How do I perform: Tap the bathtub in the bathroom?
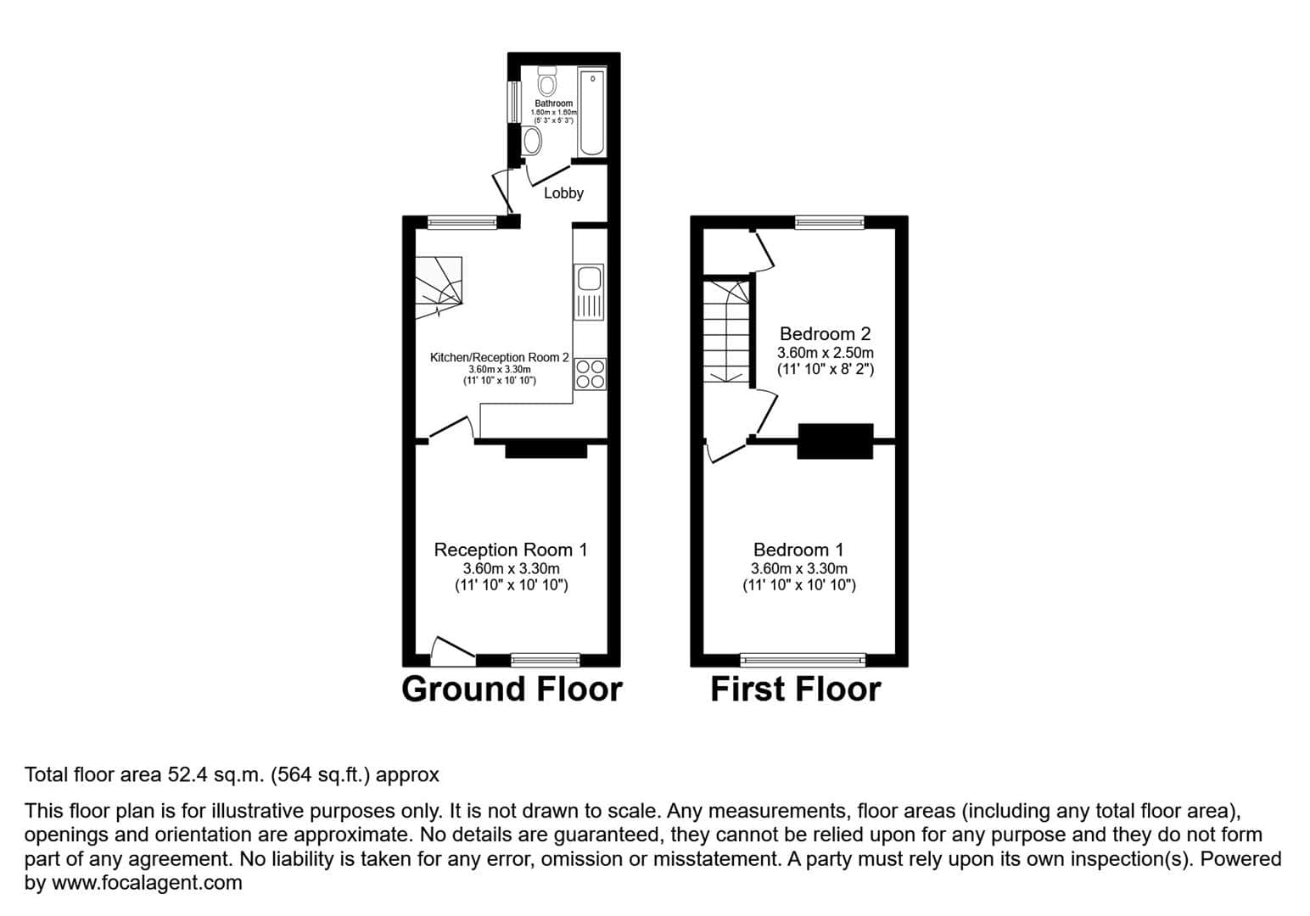pyautogui.click(x=592, y=112)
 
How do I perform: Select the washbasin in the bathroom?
pyautogui.click(x=532, y=140)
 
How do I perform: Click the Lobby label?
pyautogui.click(x=563, y=193)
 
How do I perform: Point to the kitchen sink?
pyautogui.click(x=589, y=292)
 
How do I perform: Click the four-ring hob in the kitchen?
pyautogui.click(x=590, y=373)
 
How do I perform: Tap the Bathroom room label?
pyautogui.click(x=554, y=103)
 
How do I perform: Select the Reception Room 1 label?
pyautogui.click(x=511, y=550)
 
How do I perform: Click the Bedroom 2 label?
pyautogui.click(x=826, y=334)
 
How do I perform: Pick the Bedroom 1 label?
pyautogui.click(x=798, y=550)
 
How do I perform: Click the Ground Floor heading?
pyautogui.click(x=512, y=690)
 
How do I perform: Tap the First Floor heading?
pyautogui.click(x=795, y=690)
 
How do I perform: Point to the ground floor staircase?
pyautogui.click(x=439, y=287)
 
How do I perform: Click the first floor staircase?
pyautogui.click(x=726, y=332)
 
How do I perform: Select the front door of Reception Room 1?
pyautogui.click(x=453, y=651)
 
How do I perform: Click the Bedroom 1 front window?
pyautogui.click(x=803, y=660)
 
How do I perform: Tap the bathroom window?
pyautogui.click(x=513, y=102)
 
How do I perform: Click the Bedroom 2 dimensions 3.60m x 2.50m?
pyautogui.click(x=826, y=353)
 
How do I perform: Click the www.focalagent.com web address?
pyautogui.click(x=147, y=883)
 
